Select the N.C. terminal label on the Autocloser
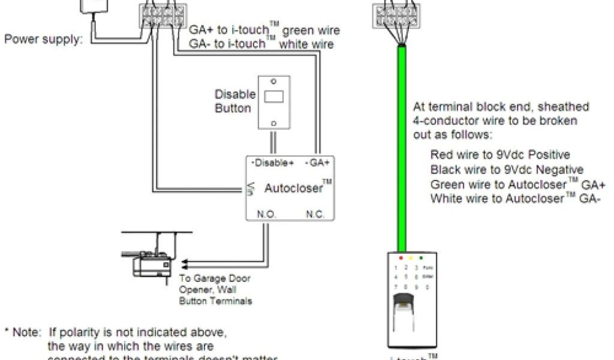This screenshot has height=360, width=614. [315, 213]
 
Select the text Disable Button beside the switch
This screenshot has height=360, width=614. [234, 101]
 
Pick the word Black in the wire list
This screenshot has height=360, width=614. [444, 169]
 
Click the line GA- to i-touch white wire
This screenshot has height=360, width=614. [261, 44]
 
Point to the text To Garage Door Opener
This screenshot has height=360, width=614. [215, 283]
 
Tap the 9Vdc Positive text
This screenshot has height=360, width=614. [534, 155]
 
